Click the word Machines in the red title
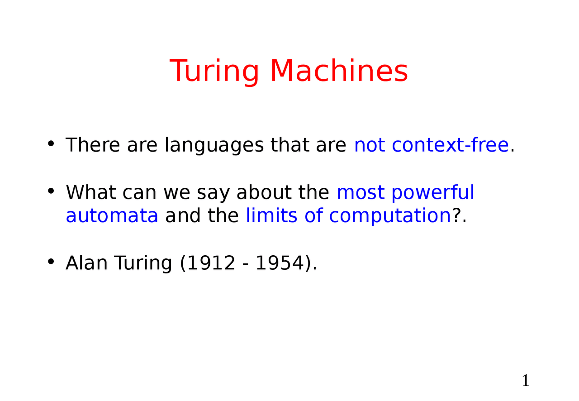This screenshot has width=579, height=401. [339, 72]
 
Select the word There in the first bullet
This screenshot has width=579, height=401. [93, 145]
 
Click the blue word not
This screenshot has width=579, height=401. [369, 145]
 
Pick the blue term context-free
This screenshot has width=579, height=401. [450, 145]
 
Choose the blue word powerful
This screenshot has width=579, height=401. [433, 193]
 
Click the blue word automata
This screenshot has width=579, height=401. [112, 216]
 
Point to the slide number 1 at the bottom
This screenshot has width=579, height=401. [525, 381]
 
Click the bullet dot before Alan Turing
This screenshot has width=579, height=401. [51, 262]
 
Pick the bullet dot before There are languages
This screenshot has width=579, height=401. [51, 144]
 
